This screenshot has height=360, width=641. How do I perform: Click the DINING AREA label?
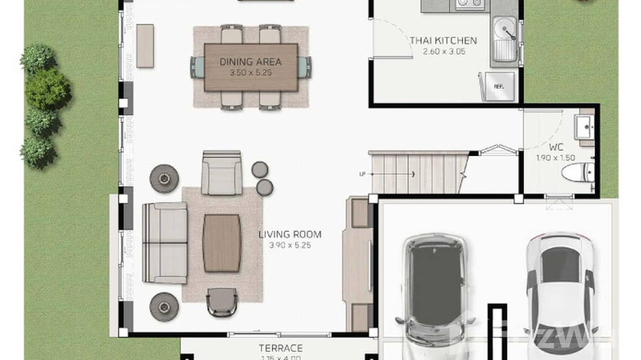pyautogui.click(x=250, y=62)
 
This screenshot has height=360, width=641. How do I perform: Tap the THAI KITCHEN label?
pyautogui.click(x=443, y=41)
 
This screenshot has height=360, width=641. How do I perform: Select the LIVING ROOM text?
pyautogui.click(x=290, y=234)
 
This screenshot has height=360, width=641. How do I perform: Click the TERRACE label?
pyautogui.click(x=280, y=348)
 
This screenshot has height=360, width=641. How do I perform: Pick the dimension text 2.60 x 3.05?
pyautogui.click(x=444, y=52)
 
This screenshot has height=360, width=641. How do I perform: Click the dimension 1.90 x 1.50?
pyautogui.click(x=555, y=158)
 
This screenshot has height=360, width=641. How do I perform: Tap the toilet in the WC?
pyautogui.click(x=578, y=172)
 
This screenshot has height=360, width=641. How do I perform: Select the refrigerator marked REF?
pyautogui.click(x=499, y=86)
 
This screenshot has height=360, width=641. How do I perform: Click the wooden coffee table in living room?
pyautogui.click(x=222, y=243)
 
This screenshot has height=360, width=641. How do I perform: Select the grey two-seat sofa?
pyautogui.click(x=165, y=243)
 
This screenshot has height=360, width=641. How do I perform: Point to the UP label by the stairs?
pyautogui.click(x=362, y=174)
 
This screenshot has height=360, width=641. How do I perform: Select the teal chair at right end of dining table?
pyautogui.click(x=304, y=67)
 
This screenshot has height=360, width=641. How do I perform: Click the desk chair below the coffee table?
pyautogui.click(x=222, y=302)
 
